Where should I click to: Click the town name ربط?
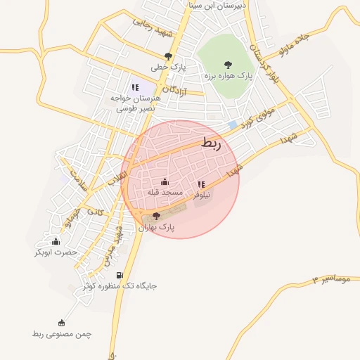[210, 143]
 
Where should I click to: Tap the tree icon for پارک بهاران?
[156, 217]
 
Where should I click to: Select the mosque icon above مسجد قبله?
[165, 182]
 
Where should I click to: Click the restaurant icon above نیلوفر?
[201, 184]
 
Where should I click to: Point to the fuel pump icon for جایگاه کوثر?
[120, 275]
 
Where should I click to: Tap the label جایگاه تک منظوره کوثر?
[120, 286]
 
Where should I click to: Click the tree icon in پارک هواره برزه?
[228, 64]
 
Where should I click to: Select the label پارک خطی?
[167, 67]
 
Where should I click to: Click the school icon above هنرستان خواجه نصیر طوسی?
[135, 87]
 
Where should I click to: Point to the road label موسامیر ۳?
[330, 280]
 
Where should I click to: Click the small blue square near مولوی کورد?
[233, 124]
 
